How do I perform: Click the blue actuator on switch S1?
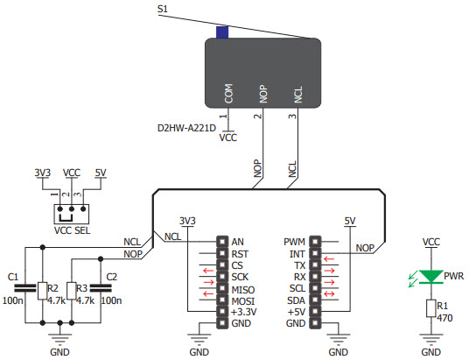pos(222,33)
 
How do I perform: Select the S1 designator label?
pos(162,9)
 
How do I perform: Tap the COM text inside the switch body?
pos(228,93)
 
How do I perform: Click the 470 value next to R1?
pos(444,318)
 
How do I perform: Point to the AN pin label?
pos(238,241)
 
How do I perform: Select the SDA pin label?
pos(297,300)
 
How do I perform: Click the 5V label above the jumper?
pos(99,173)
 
